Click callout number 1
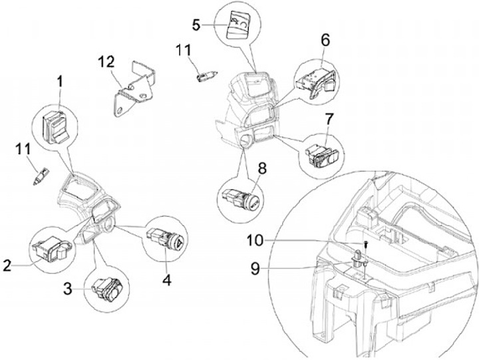point(60,82)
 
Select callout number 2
point(7,266)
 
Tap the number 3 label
point(68,288)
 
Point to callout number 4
point(167,279)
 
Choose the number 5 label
point(196,25)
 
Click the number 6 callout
point(325,40)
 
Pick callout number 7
point(329,120)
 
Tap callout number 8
point(262,168)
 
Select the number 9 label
point(255,269)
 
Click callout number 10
point(255,240)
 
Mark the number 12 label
point(106,62)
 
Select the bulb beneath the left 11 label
point(41,176)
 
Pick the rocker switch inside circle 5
point(237,25)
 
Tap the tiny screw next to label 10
point(366,244)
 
